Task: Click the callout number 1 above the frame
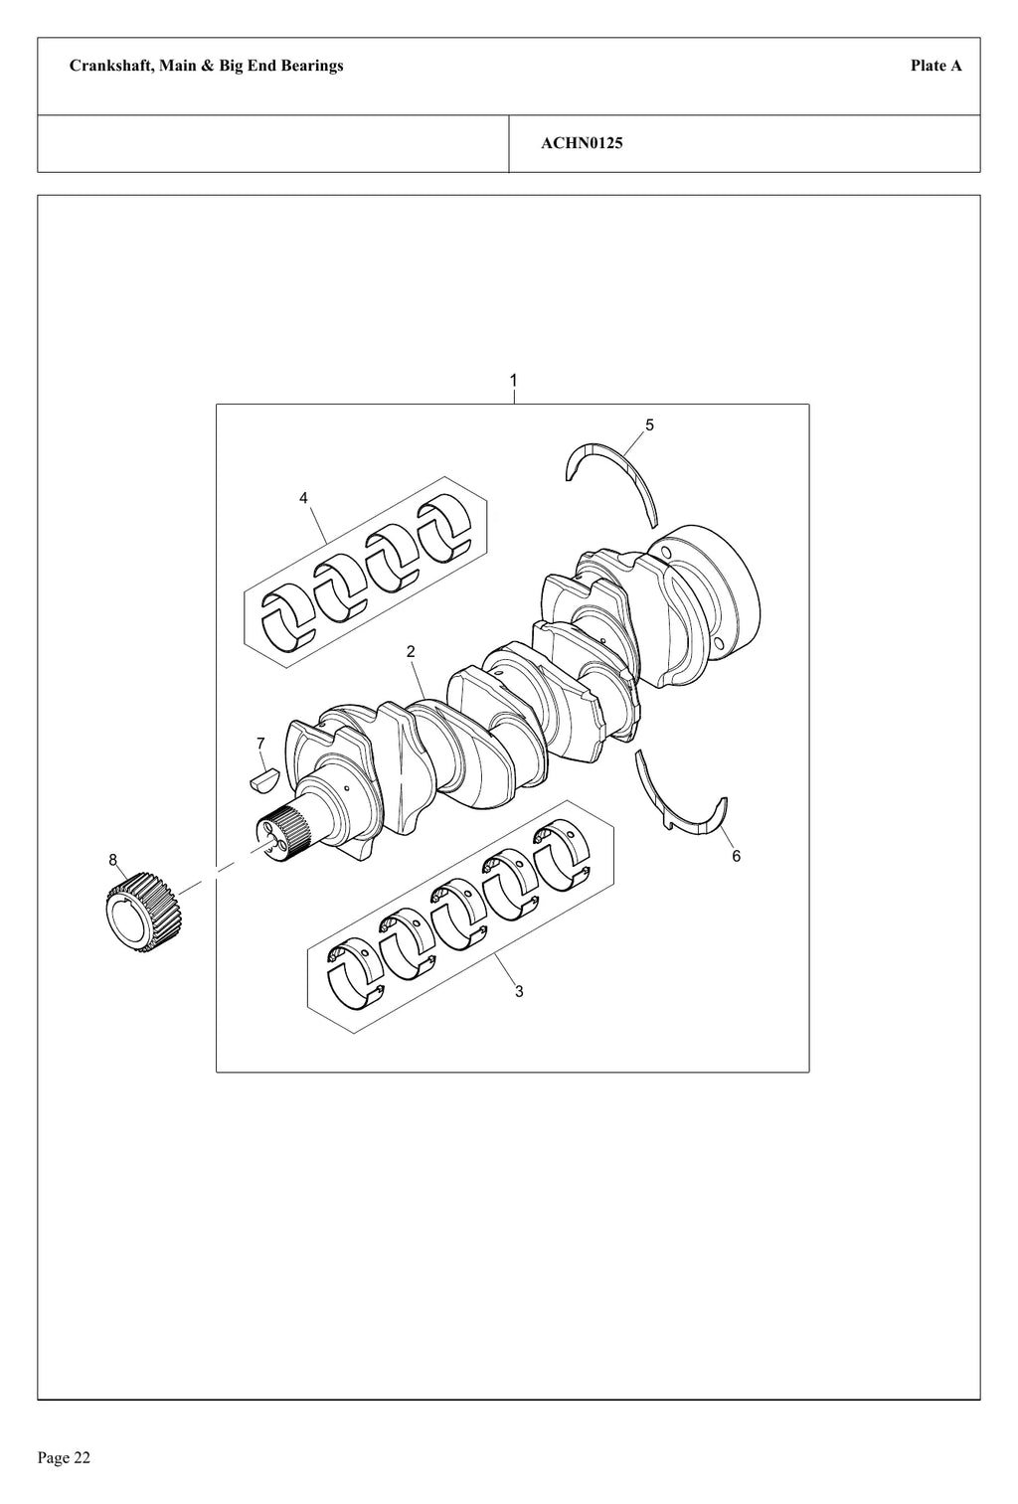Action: click(x=513, y=381)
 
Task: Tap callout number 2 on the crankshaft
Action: click(x=411, y=651)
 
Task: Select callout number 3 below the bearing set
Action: click(x=519, y=991)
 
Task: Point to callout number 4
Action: click(x=303, y=498)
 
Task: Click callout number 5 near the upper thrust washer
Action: click(x=649, y=425)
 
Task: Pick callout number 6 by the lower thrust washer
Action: click(x=736, y=856)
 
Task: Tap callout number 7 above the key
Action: click(x=260, y=744)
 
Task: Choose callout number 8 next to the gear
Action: click(x=112, y=860)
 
